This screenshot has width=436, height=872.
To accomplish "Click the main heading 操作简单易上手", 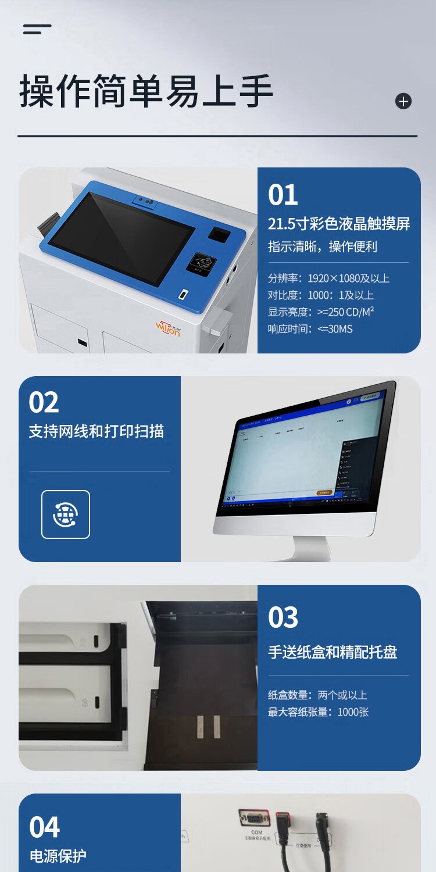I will tap(146, 91).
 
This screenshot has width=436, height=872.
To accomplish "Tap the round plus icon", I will tap(403, 101).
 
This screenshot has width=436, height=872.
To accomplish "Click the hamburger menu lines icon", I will tap(37, 29).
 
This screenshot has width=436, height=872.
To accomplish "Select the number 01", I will tap(283, 195).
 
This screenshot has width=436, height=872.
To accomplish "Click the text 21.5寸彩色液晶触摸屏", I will tap(339, 224).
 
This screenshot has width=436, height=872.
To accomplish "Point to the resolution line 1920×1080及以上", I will tap(328, 278).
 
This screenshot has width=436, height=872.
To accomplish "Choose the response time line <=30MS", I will tap(310, 329).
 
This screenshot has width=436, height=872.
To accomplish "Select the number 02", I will tap(44, 402).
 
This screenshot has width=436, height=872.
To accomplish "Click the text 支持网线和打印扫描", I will tap(97, 431).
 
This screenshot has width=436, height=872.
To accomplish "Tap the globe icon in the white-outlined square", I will tap(66, 514).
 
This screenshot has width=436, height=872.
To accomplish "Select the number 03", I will tap(283, 617).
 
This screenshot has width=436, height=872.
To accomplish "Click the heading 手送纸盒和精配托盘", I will tap(333, 652).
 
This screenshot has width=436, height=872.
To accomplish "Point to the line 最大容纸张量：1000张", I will tap(318, 712).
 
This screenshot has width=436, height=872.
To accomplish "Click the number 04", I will tap(45, 827).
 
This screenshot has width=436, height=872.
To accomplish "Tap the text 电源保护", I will tap(58, 856).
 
